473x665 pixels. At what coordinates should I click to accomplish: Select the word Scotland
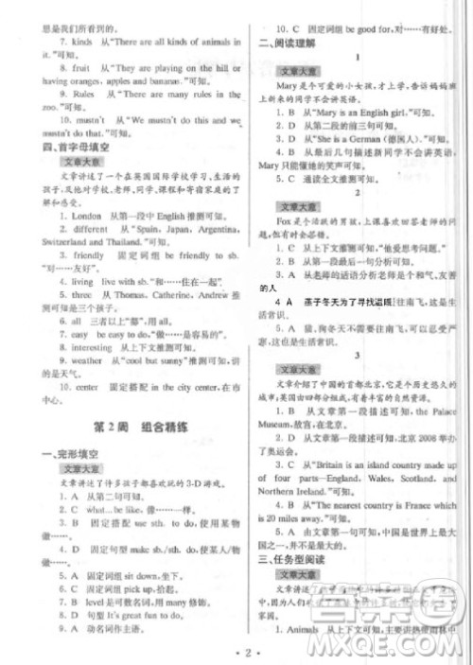[402, 478]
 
